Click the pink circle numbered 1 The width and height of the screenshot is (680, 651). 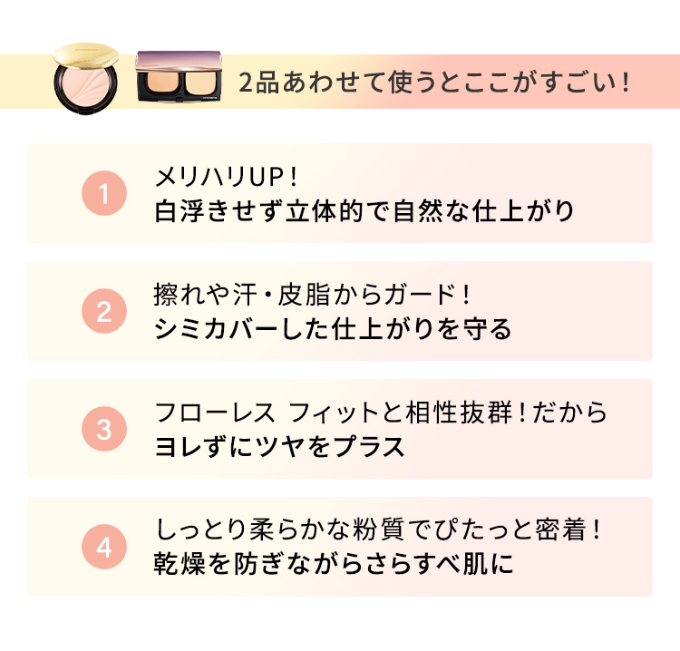103,193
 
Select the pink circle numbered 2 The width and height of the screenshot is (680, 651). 103,311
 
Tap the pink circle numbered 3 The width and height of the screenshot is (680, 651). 103,429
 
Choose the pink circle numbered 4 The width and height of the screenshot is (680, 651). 103,547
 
